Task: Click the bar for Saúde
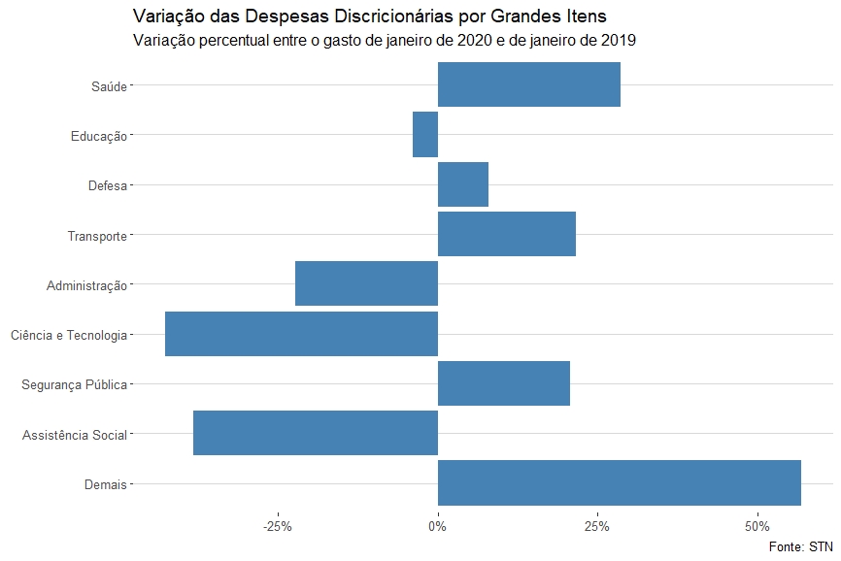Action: pos(529,84)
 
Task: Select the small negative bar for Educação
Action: pos(425,135)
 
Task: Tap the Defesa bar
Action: pos(463,184)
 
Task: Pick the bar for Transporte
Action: pos(507,234)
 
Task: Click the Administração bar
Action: pos(366,284)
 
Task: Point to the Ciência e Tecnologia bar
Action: pos(301,334)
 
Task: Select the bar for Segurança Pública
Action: pos(504,383)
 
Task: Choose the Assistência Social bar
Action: pos(316,434)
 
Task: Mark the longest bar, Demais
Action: pos(620,483)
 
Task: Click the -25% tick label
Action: pos(278,526)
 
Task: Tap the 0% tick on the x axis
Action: pos(438,526)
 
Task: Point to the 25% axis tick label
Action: pos(597,526)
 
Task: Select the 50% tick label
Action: pos(757,526)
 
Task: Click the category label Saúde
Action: pos(109,85)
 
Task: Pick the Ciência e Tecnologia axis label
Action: pos(68,335)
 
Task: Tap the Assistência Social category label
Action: pos(74,435)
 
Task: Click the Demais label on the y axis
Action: pos(106,484)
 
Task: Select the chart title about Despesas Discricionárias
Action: pos(368,16)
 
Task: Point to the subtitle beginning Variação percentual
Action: pos(384,41)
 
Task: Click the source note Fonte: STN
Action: pos(800,547)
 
